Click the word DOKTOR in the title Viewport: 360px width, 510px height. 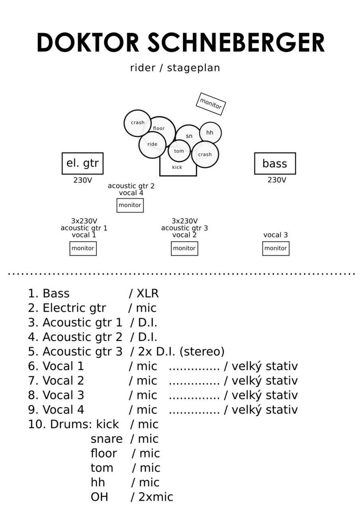[x=88, y=43]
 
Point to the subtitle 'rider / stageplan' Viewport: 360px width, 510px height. [x=175, y=68]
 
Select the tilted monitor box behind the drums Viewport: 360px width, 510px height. [x=211, y=104]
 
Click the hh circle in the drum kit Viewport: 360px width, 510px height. [x=210, y=133]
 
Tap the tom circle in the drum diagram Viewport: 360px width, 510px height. [x=179, y=151]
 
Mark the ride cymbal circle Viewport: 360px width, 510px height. [x=152, y=144]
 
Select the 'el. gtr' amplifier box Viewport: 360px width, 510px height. [x=82, y=163]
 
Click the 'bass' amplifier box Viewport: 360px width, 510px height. [x=275, y=163]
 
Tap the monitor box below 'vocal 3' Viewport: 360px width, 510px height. [x=276, y=248]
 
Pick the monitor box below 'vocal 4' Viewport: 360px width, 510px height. [x=130, y=205]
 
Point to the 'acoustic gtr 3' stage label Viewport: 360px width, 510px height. [x=184, y=228]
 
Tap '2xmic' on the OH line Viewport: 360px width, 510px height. [x=156, y=497]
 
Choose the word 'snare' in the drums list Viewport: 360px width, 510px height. [x=106, y=439]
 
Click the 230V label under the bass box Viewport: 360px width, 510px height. [x=277, y=180]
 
